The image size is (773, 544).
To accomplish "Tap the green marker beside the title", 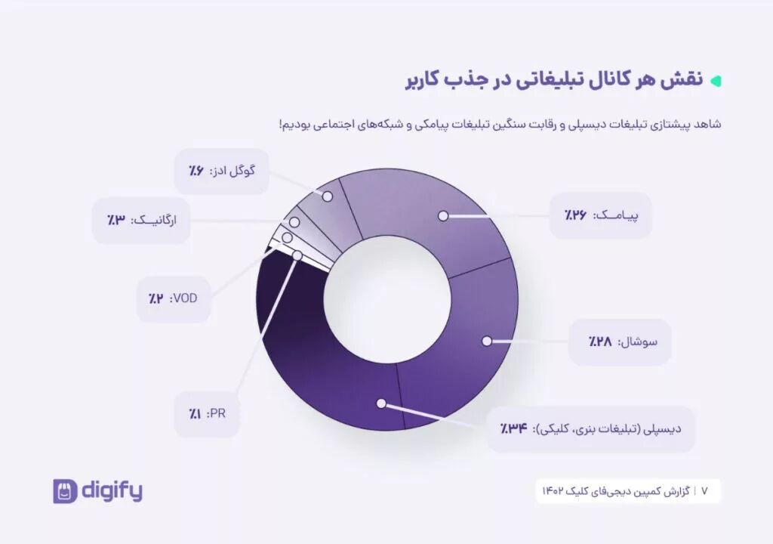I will coord(716,80).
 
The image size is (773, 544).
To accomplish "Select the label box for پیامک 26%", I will coord(600,216).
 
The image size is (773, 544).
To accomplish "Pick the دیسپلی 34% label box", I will coord(591,428).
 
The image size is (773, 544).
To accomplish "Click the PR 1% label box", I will coord(207,414).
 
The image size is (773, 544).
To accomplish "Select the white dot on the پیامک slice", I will coord(443,216).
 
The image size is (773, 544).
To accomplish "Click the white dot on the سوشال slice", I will coord(486,342).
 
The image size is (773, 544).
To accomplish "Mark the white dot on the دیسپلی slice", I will coord(381,403).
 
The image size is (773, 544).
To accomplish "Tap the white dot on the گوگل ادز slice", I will coord(328,196).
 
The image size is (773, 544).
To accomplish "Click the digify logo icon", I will coord(65,491).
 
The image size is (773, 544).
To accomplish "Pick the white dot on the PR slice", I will coord(297,256).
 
